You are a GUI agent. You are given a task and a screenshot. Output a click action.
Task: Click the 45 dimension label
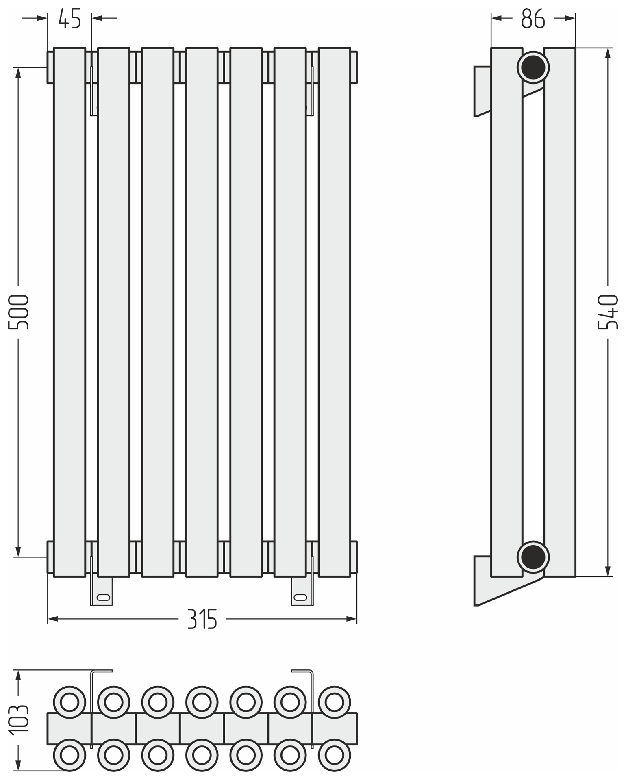tap(70, 19)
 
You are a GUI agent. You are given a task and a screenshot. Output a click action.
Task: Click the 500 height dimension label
tap(19, 312)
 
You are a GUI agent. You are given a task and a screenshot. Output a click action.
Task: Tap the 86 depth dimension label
tap(533, 19)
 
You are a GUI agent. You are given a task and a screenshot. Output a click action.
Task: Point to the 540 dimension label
tap(608, 312)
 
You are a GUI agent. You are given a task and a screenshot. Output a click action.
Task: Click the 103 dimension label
tap(19, 719)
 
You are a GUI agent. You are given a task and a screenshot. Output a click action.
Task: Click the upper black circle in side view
tap(533, 67)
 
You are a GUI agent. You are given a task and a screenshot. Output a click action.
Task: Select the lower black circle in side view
tap(533, 557)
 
